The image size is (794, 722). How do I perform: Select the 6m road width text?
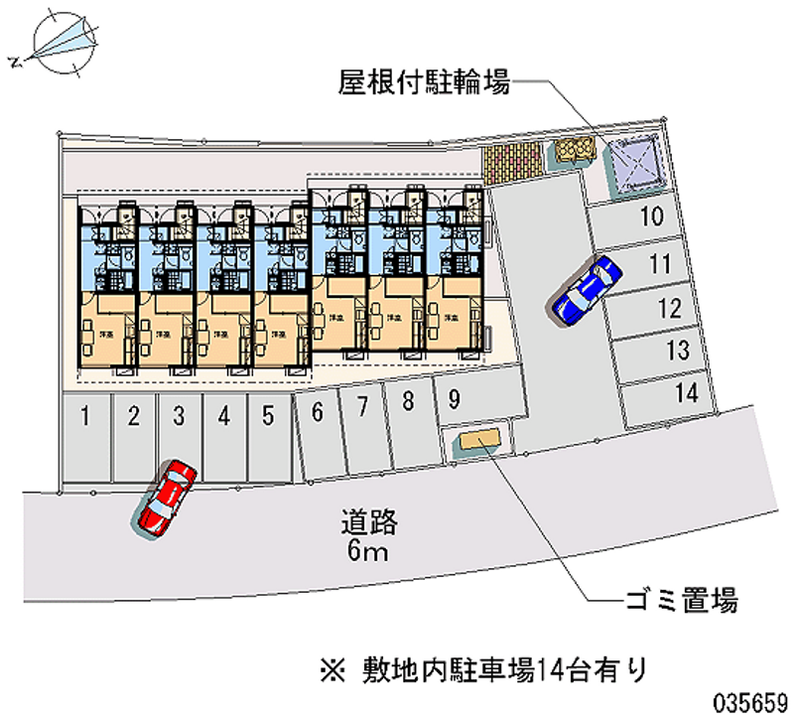(x=366, y=551)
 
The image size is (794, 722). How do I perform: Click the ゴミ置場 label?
(x=681, y=600)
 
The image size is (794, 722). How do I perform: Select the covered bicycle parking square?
(x=635, y=162)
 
